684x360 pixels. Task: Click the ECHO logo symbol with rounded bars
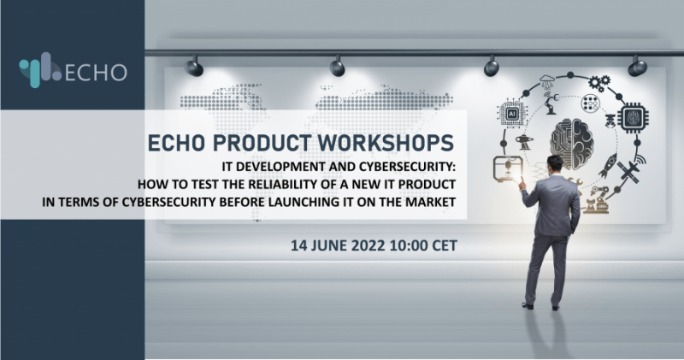(39, 70)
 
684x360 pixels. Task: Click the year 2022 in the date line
(369, 245)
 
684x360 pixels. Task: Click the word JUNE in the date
(330, 245)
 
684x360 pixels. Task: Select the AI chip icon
(512, 114)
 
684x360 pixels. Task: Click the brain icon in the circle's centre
(571, 143)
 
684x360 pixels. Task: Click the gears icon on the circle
(599, 83)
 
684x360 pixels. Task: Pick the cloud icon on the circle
(546, 80)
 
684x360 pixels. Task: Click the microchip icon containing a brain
(633, 117)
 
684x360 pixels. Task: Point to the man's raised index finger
(520, 183)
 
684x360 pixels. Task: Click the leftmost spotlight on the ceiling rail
(194, 68)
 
